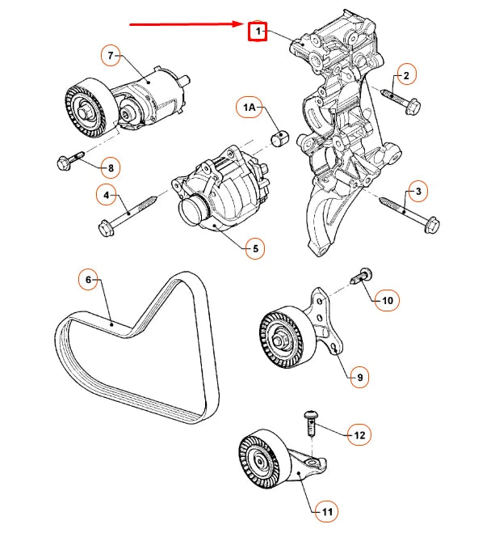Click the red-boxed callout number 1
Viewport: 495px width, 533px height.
point(258,32)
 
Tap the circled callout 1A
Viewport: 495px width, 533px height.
point(249,108)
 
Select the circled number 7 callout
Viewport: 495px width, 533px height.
point(111,55)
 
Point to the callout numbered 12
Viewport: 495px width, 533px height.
point(359,435)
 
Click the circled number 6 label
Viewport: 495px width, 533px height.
point(88,279)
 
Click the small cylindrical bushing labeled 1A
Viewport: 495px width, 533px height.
point(279,137)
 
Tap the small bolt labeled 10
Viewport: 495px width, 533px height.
point(361,276)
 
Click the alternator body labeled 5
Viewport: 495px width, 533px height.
point(220,188)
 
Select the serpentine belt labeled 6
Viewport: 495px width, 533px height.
point(136,348)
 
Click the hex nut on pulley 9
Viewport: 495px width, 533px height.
point(279,341)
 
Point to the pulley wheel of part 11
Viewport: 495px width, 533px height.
point(264,459)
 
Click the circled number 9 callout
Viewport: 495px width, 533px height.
point(359,377)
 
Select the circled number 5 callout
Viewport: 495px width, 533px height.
point(255,248)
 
